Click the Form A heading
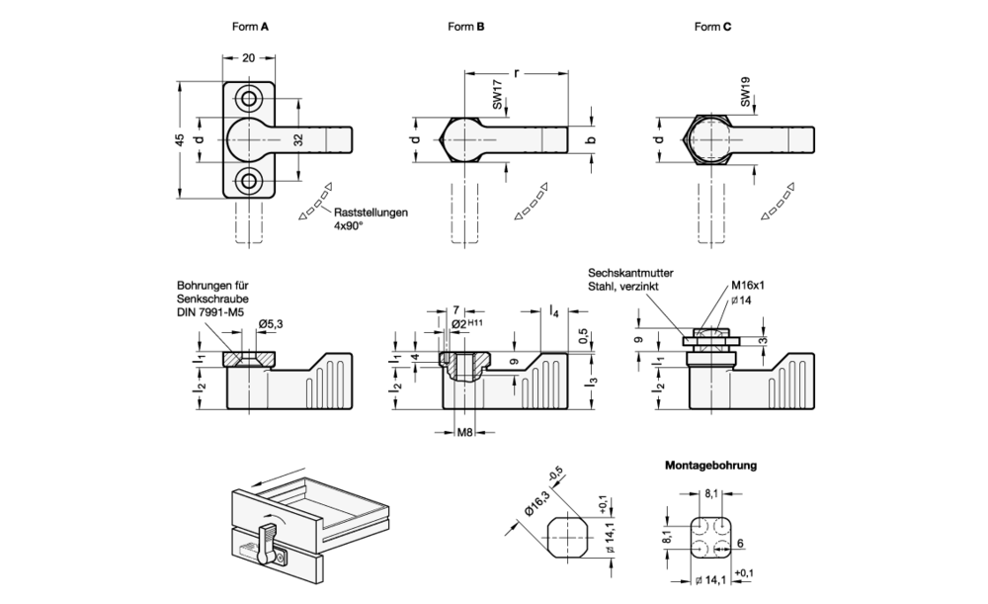coord(251,27)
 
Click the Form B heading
coord(466,27)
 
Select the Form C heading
coord(712,27)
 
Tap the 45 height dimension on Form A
coord(180,139)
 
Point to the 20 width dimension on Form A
coord(248,58)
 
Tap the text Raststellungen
coord(370,212)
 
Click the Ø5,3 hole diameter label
coord(272,323)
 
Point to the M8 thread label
coord(463,431)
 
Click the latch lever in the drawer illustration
coord(266,542)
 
